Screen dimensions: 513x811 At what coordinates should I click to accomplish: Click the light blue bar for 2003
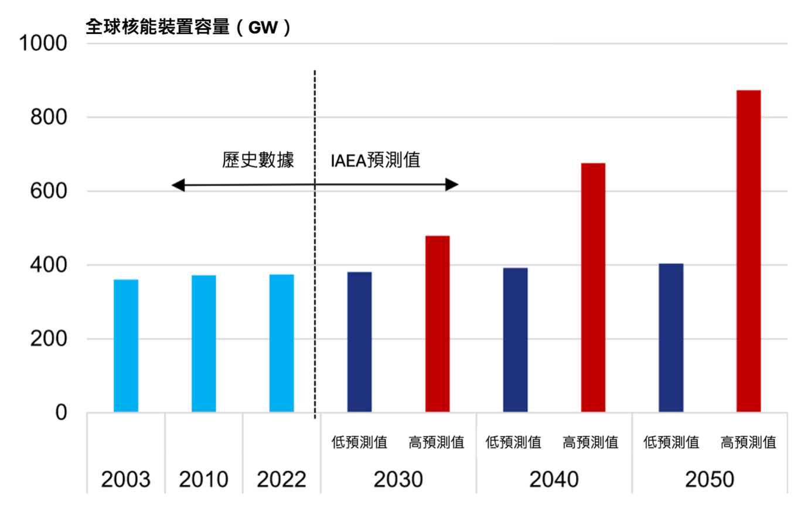click(126, 346)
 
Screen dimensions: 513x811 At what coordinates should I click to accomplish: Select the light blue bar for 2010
click(203, 344)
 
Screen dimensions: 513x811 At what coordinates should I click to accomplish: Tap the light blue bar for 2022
click(281, 343)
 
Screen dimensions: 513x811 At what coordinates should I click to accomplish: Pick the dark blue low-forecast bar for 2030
click(359, 342)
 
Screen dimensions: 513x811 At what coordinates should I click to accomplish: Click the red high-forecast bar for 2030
click(437, 324)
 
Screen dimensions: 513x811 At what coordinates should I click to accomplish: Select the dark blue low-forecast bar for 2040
click(515, 340)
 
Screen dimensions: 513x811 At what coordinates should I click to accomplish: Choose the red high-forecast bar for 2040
click(593, 288)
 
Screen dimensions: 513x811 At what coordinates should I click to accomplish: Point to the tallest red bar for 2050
click(748, 251)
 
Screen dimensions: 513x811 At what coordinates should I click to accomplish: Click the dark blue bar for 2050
click(671, 338)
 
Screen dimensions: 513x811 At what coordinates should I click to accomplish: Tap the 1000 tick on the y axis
click(43, 43)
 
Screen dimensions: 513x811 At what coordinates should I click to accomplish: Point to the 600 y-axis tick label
click(49, 191)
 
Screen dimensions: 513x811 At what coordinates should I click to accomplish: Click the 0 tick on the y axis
click(61, 413)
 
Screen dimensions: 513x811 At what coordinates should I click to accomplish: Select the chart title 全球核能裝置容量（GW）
click(188, 27)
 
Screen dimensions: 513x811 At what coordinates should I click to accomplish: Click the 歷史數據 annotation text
click(258, 160)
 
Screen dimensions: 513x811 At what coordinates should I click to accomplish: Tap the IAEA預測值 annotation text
click(375, 160)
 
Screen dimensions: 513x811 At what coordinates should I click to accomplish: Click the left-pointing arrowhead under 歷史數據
click(178, 186)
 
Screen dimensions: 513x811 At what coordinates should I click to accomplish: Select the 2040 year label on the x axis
click(554, 480)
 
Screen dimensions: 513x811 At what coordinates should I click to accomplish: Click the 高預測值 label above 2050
click(748, 442)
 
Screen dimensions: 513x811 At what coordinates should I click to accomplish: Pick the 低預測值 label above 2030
click(359, 442)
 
